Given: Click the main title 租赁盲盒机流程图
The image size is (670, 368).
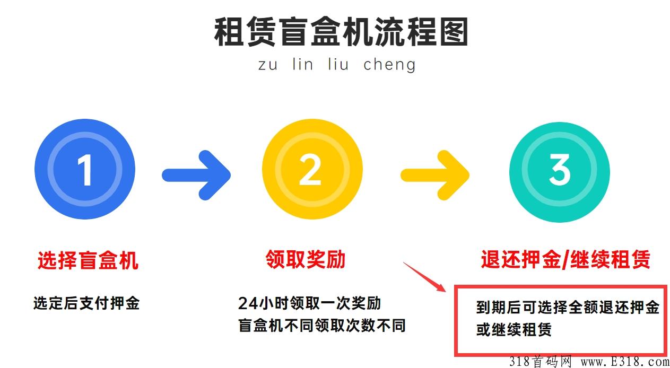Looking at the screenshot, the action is [341, 32].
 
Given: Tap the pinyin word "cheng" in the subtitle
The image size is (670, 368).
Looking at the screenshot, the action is [389, 65].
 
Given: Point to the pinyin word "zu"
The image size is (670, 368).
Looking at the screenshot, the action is [268, 65].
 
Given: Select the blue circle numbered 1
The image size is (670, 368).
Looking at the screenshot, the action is [85, 169].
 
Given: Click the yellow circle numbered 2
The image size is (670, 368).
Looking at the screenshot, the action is [312, 169].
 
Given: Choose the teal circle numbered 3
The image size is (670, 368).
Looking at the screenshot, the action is [560, 172].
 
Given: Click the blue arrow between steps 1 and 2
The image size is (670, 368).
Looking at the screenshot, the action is [196, 175].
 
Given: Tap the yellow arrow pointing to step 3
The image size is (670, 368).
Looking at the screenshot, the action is [435, 175].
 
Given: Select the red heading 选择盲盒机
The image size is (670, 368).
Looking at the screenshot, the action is [88, 260].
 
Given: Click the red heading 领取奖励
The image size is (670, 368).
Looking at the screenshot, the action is [306, 259].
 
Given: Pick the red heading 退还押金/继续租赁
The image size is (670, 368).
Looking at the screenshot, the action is [565, 259].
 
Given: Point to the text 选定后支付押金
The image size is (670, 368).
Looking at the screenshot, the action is [86, 303].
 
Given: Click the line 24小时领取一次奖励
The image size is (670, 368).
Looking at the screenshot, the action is [310, 303].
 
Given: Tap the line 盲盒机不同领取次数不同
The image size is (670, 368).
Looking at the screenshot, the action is [322, 325].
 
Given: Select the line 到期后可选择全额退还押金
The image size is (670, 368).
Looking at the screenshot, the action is [568, 308].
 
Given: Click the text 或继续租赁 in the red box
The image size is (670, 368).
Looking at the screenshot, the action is [514, 330].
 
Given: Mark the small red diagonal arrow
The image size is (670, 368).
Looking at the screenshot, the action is [424, 277].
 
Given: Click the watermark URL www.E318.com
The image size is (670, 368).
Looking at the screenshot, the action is [625, 362].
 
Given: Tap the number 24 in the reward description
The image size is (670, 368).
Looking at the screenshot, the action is [248, 304].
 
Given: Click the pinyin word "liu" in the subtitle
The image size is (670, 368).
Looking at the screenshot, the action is [338, 64].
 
